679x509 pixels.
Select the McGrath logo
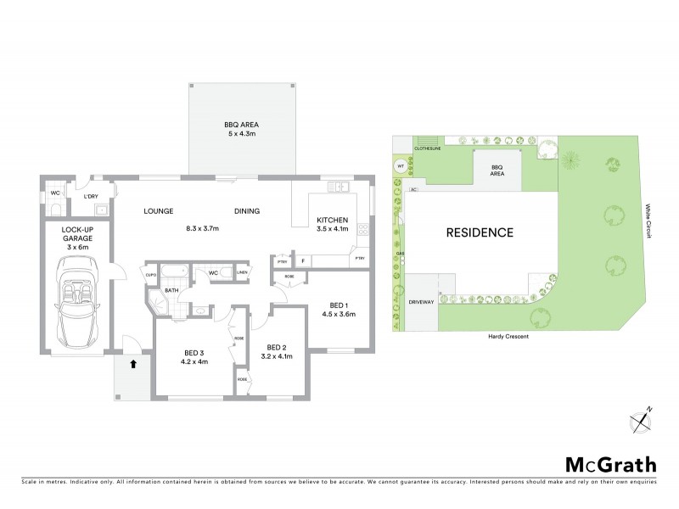610,464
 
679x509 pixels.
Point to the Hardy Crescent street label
509,337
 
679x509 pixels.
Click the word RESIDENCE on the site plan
476,232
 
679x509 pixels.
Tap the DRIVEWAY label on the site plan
422,302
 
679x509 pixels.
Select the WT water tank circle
400,166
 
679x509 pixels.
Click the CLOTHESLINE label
429,148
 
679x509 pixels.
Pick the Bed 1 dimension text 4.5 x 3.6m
337,314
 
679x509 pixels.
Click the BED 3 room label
194,352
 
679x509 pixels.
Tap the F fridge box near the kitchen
303,262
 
